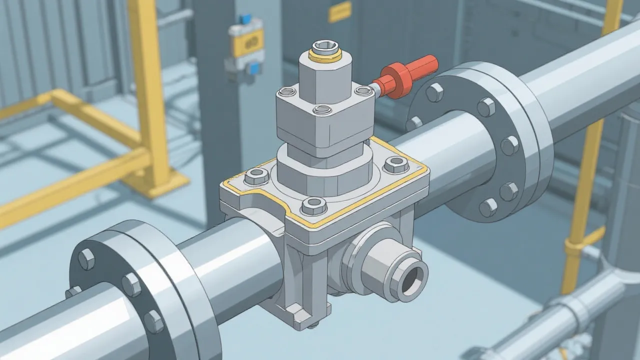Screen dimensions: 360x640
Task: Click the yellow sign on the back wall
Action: [339, 11]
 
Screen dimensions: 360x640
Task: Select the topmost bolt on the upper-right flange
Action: [434, 92]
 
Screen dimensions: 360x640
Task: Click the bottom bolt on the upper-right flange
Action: [488, 206]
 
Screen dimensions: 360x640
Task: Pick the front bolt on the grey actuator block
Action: [322, 110]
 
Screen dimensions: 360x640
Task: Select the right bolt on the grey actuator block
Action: [362, 90]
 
